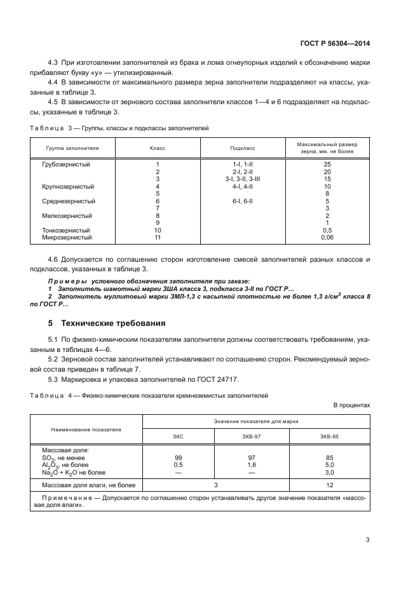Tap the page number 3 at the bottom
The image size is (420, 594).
tap(367, 540)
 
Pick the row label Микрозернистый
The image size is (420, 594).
tap(67, 238)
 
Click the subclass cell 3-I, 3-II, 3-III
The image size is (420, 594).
tap(243, 179)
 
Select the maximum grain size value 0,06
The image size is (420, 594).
tap(328, 238)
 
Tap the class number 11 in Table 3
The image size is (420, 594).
tap(158, 238)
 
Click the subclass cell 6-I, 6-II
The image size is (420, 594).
tap(243, 201)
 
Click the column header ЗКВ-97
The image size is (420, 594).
tap(252, 436)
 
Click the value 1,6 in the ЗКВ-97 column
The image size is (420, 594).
tap(252, 464)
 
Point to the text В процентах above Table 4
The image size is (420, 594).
tap(351, 404)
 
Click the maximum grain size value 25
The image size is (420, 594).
tap(328, 164)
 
